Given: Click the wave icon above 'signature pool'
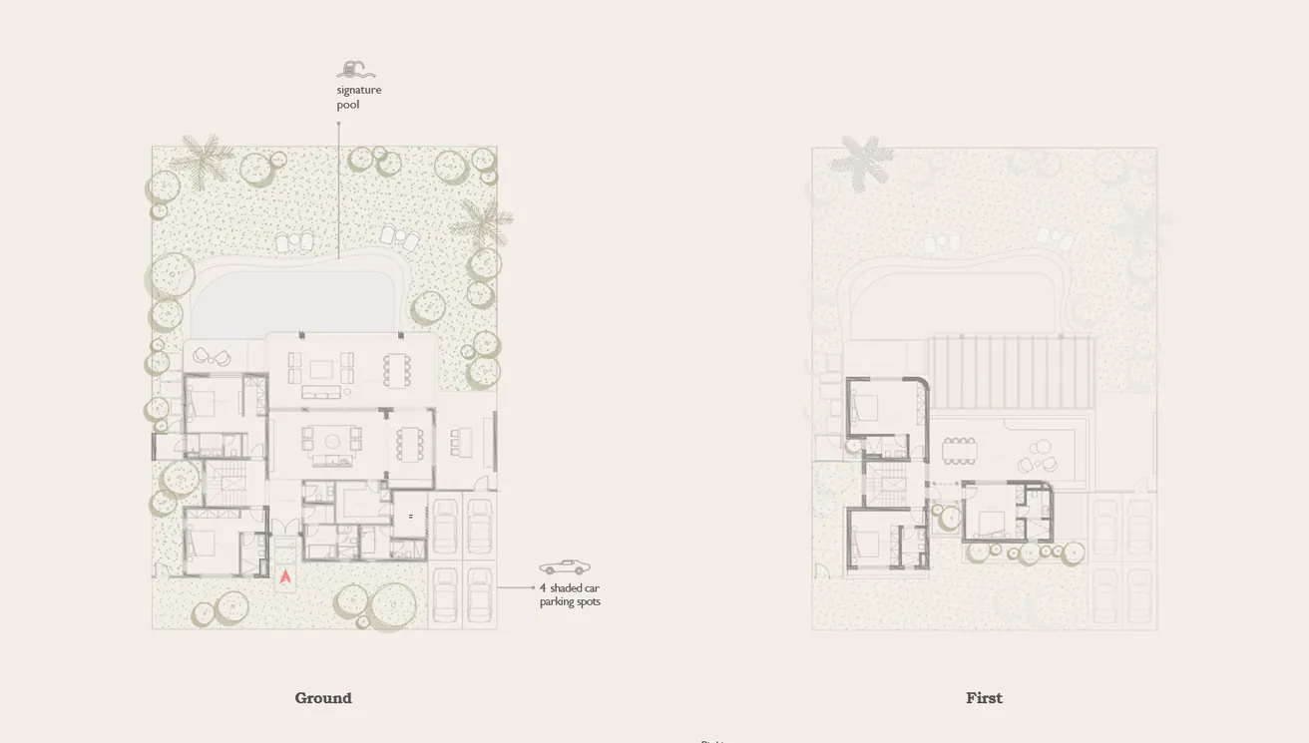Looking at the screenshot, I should pos(356,70).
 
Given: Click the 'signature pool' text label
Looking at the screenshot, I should pos(358,97).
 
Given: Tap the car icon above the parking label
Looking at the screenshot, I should pos(564,566).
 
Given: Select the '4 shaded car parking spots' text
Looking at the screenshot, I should pos(570,594).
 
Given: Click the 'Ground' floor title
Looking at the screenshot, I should pos(323,698).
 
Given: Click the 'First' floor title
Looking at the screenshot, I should pos(984,698).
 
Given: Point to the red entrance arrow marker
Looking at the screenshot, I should pos(285,576).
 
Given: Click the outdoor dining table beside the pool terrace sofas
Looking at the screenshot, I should pos(397,370).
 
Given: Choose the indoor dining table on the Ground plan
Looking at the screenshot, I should pos(410,444).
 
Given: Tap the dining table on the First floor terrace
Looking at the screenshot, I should pos(960,451).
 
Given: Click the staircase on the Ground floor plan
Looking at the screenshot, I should pos(225,483).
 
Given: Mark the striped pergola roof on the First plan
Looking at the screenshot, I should pos(1012,372).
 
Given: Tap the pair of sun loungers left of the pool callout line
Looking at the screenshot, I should pos(295,241).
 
